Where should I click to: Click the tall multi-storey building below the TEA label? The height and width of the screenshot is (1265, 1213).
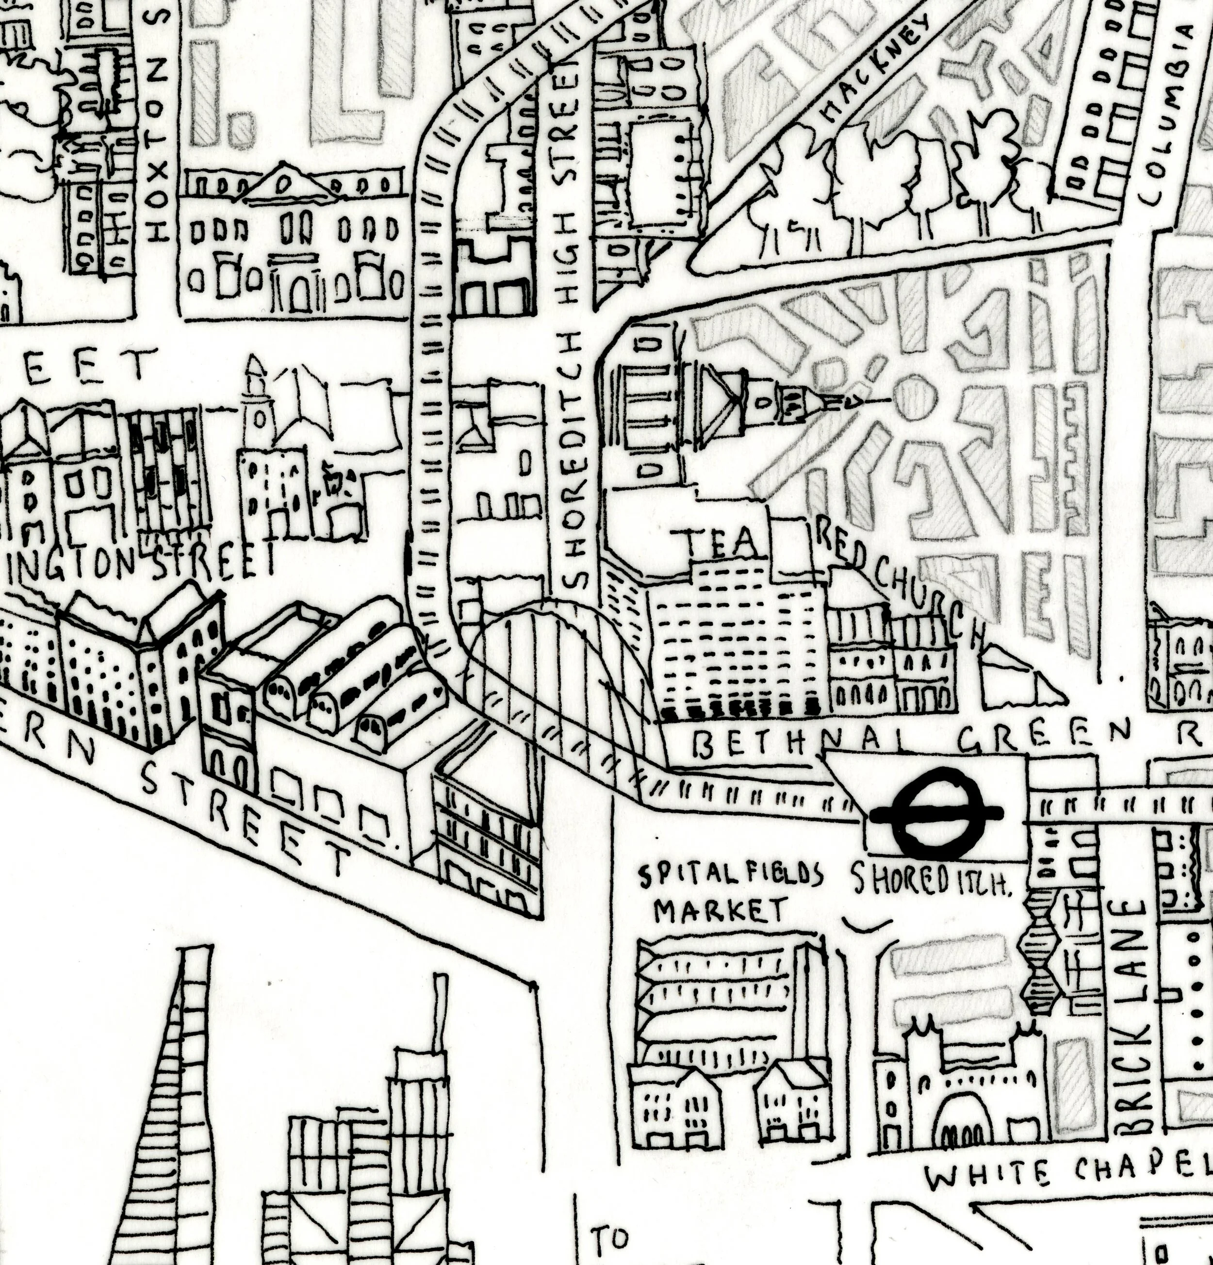(x=736, y=645)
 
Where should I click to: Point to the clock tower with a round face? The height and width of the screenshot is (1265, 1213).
(x=258, y=413)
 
